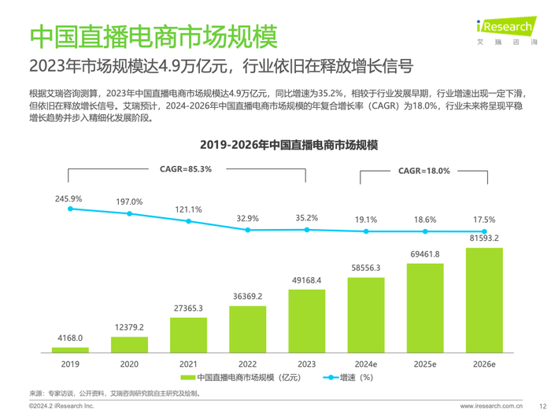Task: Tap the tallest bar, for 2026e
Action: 483,299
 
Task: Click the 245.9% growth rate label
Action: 70,198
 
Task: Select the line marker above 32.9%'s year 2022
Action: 247,230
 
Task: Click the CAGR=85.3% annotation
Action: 186,168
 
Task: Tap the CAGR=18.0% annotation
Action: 424,170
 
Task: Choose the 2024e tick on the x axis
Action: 365,364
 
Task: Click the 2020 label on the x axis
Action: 129,364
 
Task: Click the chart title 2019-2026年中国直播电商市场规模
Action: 288,146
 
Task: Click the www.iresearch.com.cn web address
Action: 481,405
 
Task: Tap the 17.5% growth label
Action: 483,220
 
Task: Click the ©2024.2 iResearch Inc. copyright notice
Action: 61,405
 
